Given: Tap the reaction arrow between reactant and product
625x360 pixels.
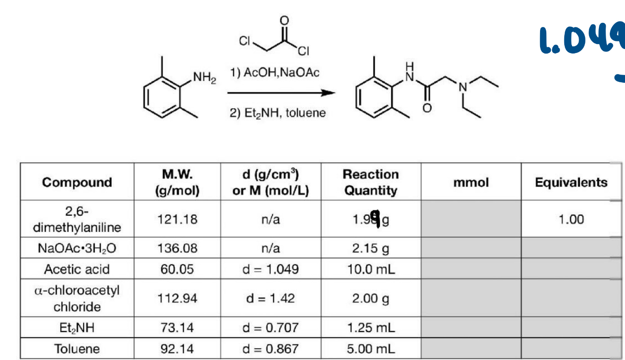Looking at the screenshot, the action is [x=281, y=93].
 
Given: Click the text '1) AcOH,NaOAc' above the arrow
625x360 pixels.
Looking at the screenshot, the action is [x=275, y=73].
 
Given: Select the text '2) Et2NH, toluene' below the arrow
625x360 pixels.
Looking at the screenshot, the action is [x=277, y=113].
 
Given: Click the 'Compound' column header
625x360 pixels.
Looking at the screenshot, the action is [x=77, y=182].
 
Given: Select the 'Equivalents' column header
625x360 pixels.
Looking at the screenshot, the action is [x=571, y=182].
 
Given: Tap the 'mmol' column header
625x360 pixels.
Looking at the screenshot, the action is [x=471, y=182].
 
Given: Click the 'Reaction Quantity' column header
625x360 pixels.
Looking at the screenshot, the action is [x=371, y=182].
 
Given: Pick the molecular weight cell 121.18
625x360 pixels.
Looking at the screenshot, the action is [x=179, y=219].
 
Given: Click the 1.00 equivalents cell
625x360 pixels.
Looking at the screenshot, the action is [x=571, y=219].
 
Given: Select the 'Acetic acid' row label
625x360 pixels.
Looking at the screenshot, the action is [x=77, y=269].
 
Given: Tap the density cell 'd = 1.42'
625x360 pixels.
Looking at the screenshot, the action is [x=270, y=298].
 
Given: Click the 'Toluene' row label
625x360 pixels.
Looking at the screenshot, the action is [x=77, y=348].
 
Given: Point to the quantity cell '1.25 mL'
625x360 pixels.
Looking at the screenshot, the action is [x=371, y=328].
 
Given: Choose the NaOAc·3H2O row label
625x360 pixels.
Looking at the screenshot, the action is [x=77, y=248].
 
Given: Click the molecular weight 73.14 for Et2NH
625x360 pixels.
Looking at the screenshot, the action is [x=179, y=328].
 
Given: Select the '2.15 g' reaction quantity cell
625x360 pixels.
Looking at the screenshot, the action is [x=371, y=248].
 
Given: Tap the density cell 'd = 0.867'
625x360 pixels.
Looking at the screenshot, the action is [x=270, y=348].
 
